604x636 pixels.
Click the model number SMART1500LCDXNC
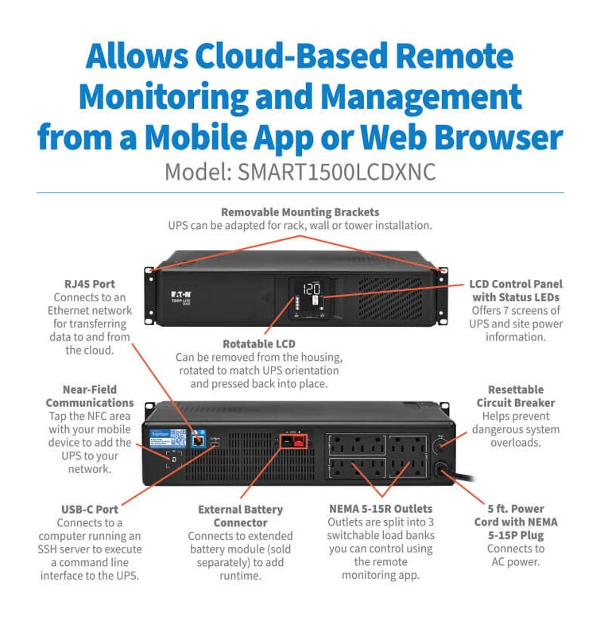[x=336, y=173]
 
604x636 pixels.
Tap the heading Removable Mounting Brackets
[x=300, y=212]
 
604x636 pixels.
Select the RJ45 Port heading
[x=90, y=284]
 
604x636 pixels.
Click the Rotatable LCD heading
[x=259, y=344]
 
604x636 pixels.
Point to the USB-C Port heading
[x=90, y=510]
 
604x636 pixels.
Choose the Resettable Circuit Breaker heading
[x=516, y=396]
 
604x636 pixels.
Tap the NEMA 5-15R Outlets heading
[x=381, y=509]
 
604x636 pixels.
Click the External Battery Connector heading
[x=240, y=516]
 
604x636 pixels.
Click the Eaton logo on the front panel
[x=180, y=294]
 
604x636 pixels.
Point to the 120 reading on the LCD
[x=312, y=289]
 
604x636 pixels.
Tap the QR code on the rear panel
[x=178, y=438]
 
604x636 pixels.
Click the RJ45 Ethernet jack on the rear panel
[x=198, y=440]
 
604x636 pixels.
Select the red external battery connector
[x=298, y=441]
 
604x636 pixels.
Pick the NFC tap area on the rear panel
[x=174, y=460]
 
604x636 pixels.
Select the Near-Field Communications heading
[x=90, y=396]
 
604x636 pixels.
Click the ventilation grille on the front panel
[x=390, y=298]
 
